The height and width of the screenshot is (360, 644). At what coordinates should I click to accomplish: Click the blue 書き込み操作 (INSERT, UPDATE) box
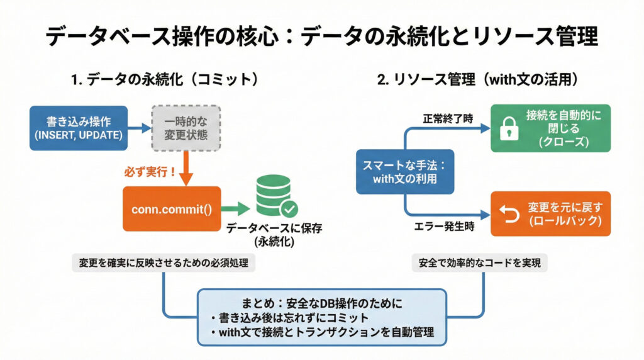point(78,128)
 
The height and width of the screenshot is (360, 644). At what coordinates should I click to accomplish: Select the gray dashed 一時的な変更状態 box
point(186,128)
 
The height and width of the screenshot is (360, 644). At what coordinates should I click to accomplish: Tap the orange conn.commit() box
point(172,208)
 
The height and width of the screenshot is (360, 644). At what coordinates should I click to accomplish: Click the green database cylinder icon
point(274,195)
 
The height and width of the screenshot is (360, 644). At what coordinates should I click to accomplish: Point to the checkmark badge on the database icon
point(290,208)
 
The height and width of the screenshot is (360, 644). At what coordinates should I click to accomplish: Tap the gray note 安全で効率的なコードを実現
point(480,264)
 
